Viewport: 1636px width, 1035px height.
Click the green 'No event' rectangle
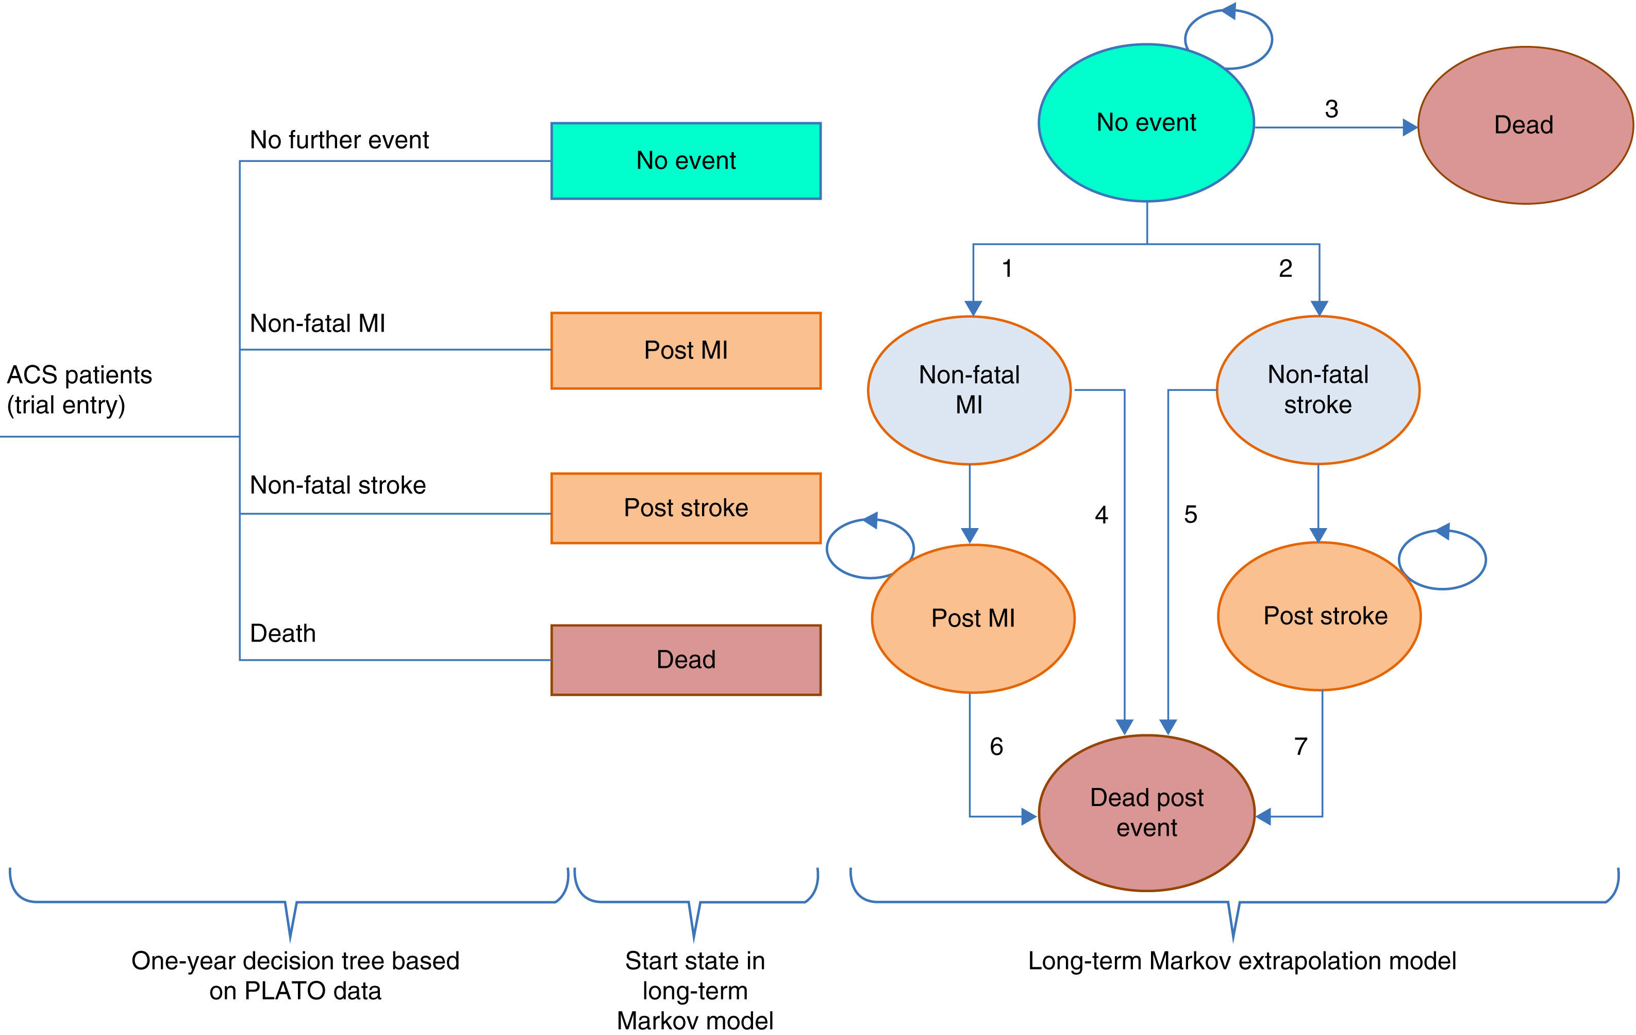(x=686, y=161)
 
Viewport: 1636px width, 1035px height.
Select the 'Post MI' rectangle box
(x=686, y=351)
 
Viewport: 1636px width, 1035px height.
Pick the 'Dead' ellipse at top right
(x=1525, y=125)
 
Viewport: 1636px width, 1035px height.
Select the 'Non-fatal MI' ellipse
(x=969, y=390)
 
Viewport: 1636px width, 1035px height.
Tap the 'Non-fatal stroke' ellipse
(x=1317, y=390)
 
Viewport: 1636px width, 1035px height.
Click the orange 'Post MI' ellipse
(x=973, y=618)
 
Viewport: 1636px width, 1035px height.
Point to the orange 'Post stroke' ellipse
(x=1325, y=616)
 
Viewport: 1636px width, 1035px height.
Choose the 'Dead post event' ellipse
(x=1146, y=813)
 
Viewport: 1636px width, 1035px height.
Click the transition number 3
(x=1331, y=109)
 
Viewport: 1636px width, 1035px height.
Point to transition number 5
(x=1190, y=515)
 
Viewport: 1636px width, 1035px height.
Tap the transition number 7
(x=1300, y=747)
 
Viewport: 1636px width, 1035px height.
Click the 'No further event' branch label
(x=339, y=140)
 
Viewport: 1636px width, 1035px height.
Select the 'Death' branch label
(x=282, y=633)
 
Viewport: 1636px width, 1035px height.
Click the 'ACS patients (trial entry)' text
(x=79, y=390)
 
